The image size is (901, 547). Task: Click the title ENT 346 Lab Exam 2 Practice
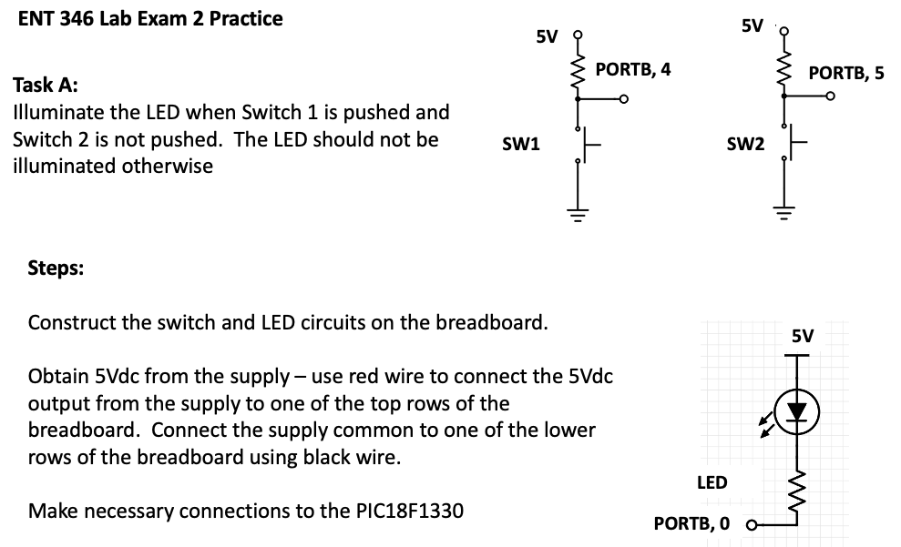(150, 19)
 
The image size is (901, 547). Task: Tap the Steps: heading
(56, 268)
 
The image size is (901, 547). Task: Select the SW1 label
(521, 143)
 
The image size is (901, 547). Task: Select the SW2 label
(744, 144)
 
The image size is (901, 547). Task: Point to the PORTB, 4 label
(633, 69)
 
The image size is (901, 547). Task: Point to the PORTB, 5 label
(845, 73)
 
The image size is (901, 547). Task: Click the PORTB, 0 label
(692, 523)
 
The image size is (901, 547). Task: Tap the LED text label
(712, 482)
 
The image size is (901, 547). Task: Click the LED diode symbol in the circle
(798, 410)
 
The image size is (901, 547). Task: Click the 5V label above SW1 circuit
(547, 37)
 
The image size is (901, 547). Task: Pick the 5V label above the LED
(802, 336)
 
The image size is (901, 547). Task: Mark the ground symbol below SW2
(783, 215)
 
